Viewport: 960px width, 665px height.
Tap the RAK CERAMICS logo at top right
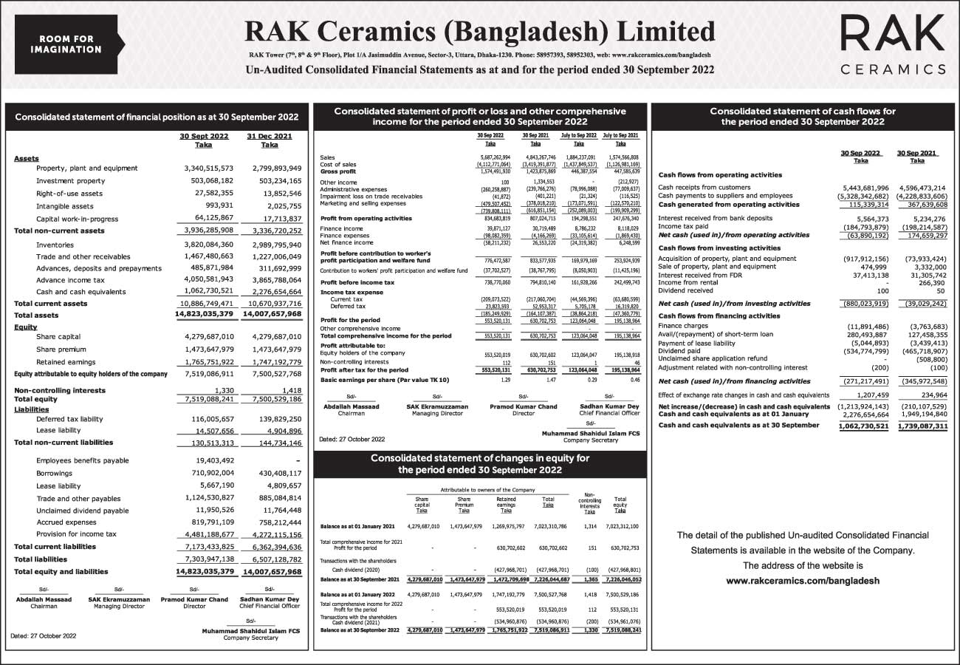click(894, 44)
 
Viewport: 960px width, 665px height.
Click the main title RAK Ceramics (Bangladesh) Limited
click(475, 32)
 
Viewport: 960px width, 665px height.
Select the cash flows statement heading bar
click(802, 117)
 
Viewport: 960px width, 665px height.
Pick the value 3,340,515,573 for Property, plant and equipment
click(202, 168)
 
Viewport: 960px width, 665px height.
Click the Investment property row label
click(71, 181)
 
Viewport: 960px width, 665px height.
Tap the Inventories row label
click(55, 245)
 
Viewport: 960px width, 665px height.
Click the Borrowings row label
click(55, 473)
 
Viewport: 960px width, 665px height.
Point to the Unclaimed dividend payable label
click(82, 511)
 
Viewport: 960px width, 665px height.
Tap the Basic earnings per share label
click(384, 380)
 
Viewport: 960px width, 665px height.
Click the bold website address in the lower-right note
click(803, 582)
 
